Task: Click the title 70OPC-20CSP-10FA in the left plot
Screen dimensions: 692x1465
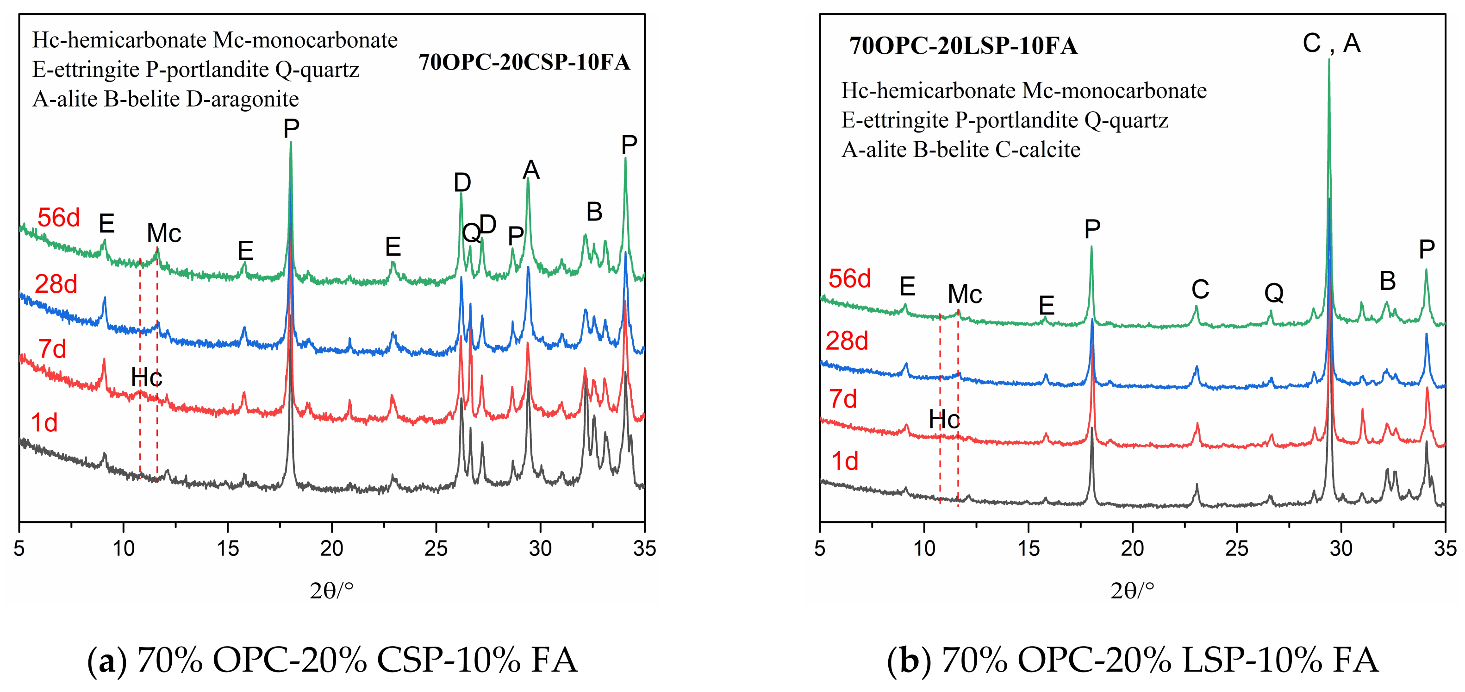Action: pyautogui.click(x=524, y=62)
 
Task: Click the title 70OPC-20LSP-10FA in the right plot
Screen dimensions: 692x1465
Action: pyautogui.click(x=963, y=45)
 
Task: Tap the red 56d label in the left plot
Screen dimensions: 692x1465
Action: pyautogui.click(x=59, y=218)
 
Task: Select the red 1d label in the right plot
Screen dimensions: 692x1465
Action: pyautogui.click(x=845, y=461)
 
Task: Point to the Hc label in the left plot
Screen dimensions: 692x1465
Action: pyautogui.click(x=146, y=378)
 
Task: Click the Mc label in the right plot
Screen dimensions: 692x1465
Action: pyautogui.click(x=965, y=294)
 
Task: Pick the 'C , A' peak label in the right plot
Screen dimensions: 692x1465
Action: pyautogui.click(x=1331, y=43)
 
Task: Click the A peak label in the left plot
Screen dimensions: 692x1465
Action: pyautogui.click(x=530, y=170)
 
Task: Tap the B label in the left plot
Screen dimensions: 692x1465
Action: pyautogui.click(x=594, y=212)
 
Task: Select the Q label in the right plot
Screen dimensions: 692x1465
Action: pyautogui.click(x=1274, y=294)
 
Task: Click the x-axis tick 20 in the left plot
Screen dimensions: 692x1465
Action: pyautogui.click(x=331, y=548)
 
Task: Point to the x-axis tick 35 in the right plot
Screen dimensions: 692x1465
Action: pyautogui.click(x=1445, y=548)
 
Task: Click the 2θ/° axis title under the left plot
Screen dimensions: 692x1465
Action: pyautogui.click(x=331, y=591)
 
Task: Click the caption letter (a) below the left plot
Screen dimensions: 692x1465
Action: pyautogui.click(x=107, y=661)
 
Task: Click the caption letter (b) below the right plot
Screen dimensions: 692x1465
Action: pyautogui.click(x=908, y=661)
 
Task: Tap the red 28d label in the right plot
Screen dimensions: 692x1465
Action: pyautogui.click(x=847, y=341)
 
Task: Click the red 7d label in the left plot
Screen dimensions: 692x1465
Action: pyautogui.click(x=52, y=349)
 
